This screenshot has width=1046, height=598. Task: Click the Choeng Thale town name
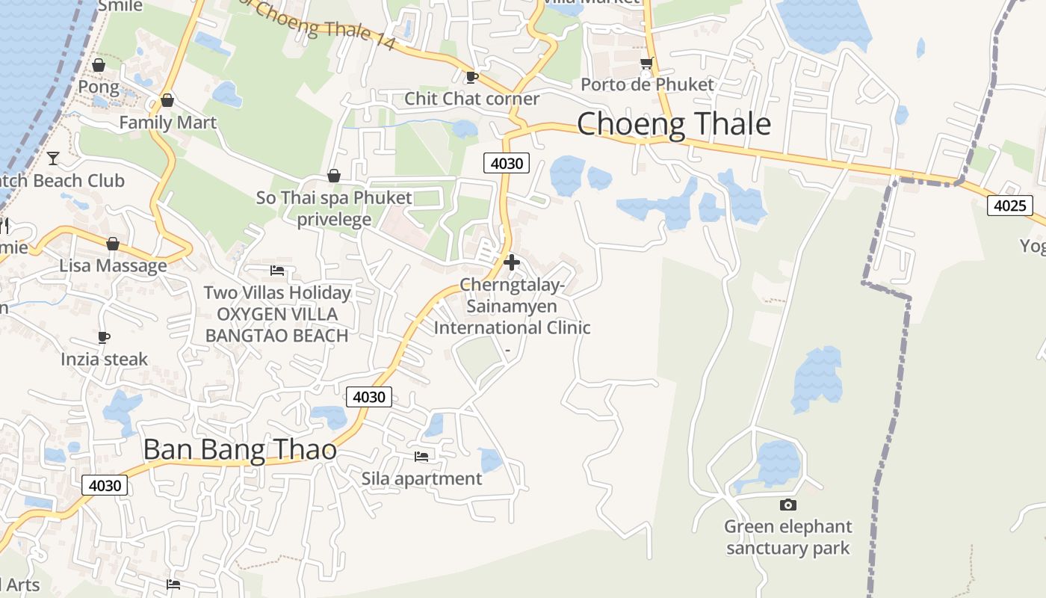click(x=673, y=124)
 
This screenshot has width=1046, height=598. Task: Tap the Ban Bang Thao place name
click(x=239, y=450)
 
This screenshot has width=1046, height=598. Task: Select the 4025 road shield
click(x=1009, y=205)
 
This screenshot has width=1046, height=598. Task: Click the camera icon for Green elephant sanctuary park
click(x=787, y=505)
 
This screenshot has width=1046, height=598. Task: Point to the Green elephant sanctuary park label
click(x=787, y=537)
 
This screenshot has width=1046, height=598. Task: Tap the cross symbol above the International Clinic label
click(x=512, y=262)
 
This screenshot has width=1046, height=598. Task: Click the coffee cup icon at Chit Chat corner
click(x=471, y=76)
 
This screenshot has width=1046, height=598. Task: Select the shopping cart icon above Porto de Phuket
click(x=646, y=64)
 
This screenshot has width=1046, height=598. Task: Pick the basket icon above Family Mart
click(x=167, y=100)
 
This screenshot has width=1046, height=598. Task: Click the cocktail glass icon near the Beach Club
click(x=53, y=158)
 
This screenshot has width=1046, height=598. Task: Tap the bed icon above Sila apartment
click(x=421, y=456)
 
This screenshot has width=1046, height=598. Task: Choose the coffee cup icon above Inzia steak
click(x=104, y=337)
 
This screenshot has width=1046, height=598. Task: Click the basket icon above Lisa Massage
click(x=113, y=244)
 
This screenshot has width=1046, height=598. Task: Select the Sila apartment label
click(x=422, y=478)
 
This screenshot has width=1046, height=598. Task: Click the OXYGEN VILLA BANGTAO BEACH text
click(x=276, y=324)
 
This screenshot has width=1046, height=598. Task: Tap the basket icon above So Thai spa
click(x=334, y=176)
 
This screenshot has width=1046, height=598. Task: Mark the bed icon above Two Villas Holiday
click(x=277, y=271)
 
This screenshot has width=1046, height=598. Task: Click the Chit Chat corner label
click(x=471, y=99)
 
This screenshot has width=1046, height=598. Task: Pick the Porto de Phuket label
click(x=647, y=84)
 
